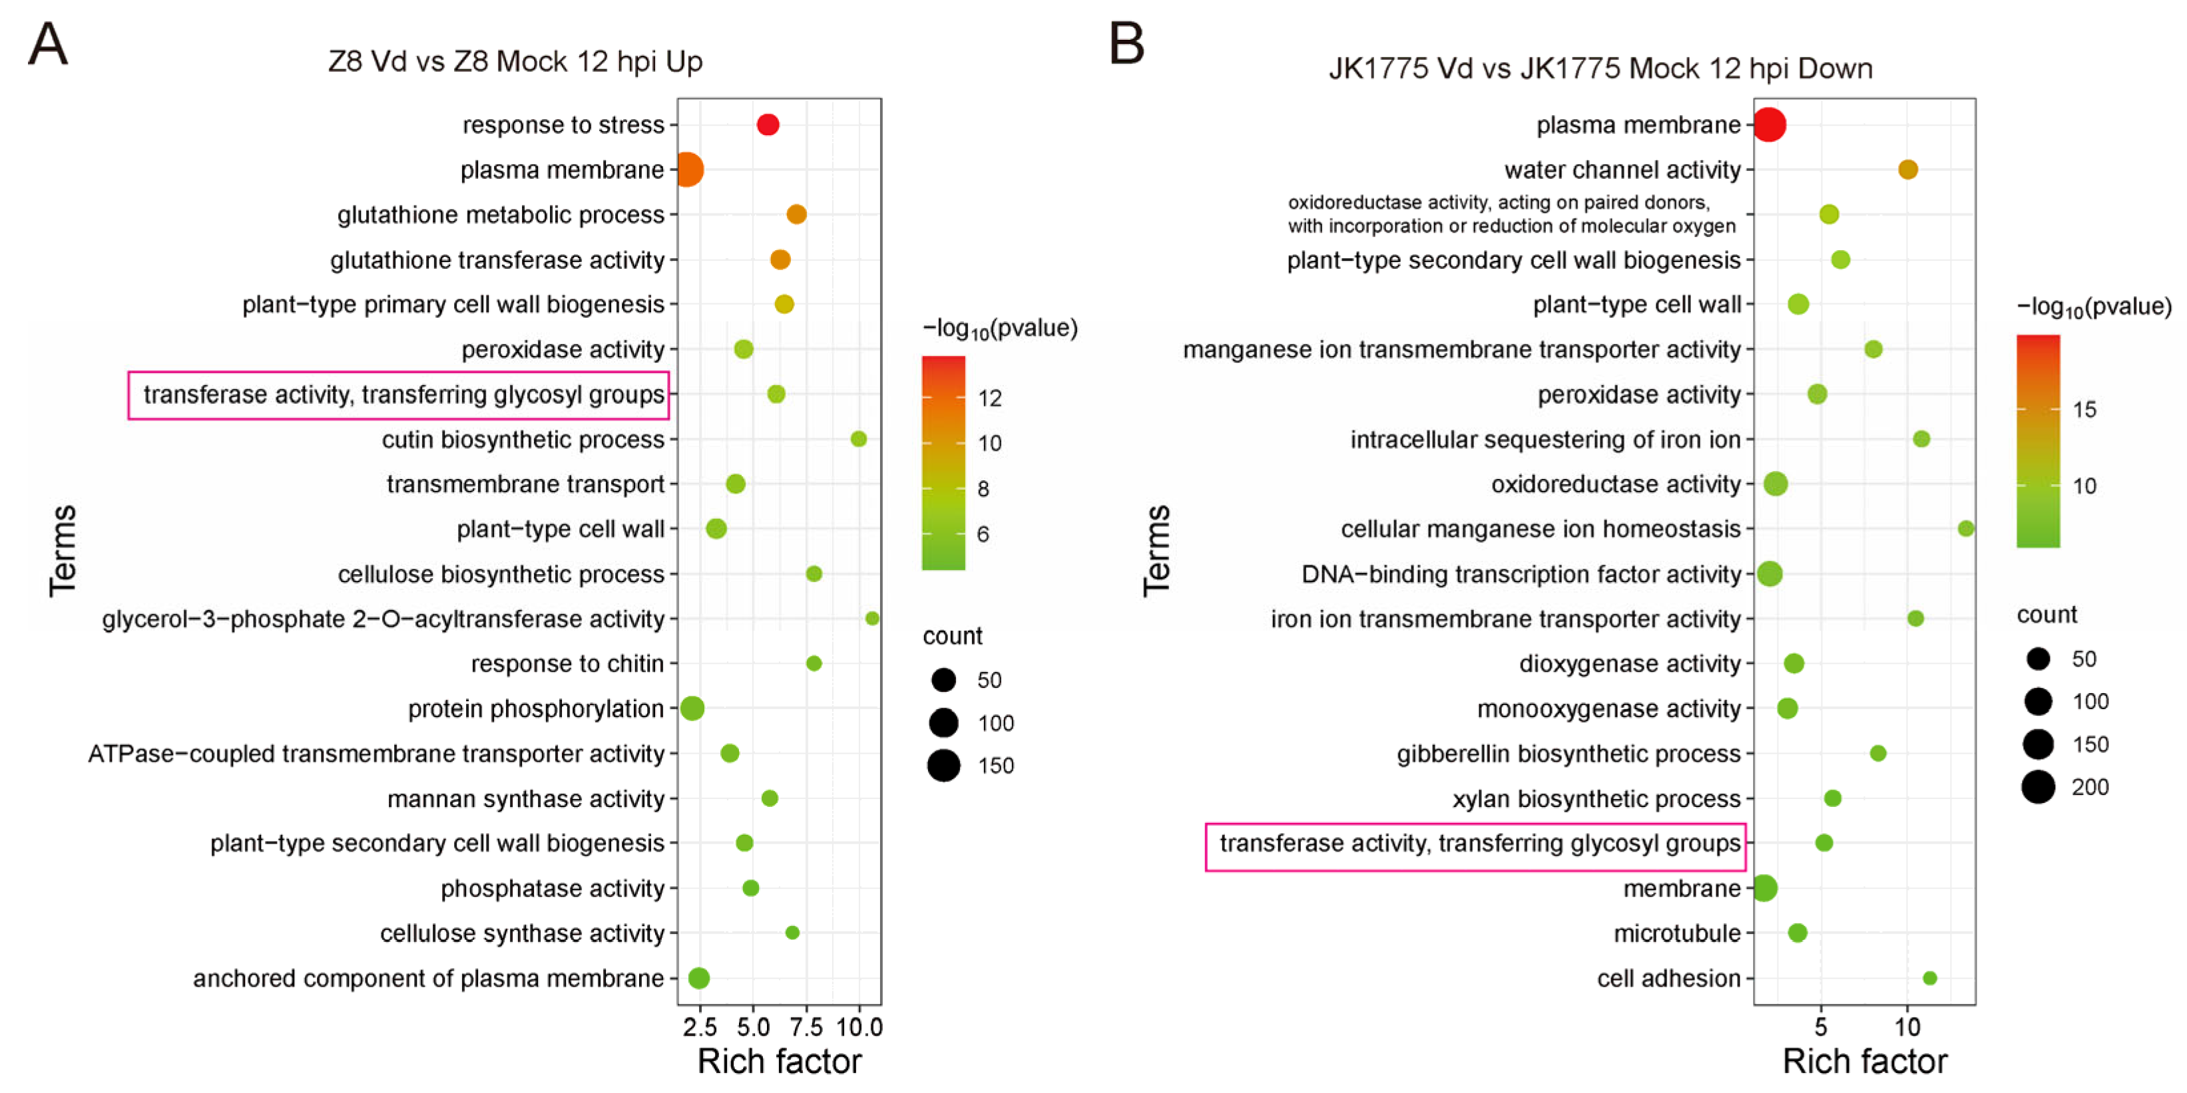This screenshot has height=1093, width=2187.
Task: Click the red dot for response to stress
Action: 768,125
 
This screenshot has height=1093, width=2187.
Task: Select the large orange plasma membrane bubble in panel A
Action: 688,170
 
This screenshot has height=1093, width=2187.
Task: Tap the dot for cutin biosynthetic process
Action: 858,438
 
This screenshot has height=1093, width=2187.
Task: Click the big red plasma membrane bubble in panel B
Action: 1770,125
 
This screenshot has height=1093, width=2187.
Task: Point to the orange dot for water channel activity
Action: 1907,170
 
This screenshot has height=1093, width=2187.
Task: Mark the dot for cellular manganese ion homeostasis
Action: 1965,529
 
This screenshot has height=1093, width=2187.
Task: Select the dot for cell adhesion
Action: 1930,979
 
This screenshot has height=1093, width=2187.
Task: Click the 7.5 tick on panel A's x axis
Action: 806,1028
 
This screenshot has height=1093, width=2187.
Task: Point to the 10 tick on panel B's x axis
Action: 1907,1028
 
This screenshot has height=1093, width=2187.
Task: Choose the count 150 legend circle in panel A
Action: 943,766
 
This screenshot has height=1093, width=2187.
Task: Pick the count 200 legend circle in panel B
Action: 2038,788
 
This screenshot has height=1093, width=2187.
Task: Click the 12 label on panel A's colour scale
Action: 990,398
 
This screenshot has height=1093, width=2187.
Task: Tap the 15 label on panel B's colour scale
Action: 2084,410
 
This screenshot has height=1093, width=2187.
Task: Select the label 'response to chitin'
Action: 567,664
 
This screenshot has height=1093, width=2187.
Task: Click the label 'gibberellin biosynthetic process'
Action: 1568,754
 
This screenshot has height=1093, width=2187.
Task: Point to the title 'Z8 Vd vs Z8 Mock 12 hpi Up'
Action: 515,62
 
